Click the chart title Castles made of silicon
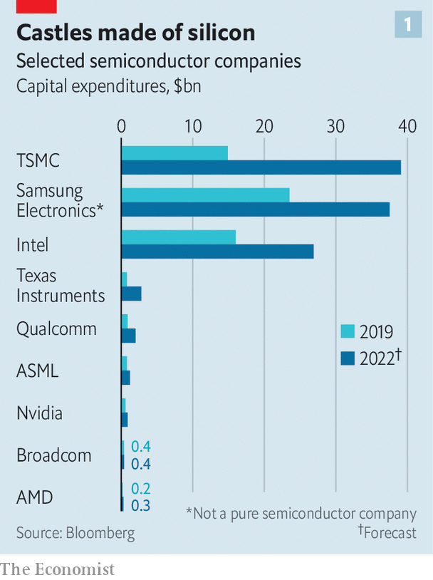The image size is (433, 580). (x=135, y=32)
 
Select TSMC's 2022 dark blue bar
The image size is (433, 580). (x=261, y=167)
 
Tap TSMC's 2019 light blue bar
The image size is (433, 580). (x=174, y=153)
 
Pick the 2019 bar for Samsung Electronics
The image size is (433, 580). (x=205, y=195)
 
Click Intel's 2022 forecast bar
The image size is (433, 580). (x=217, y=252)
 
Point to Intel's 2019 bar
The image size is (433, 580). (x=178, y=237)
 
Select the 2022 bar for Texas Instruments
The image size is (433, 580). (x=131, y=294)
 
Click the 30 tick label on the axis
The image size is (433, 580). (x=335, y=126)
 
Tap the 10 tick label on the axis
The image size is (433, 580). (x=193, y=126)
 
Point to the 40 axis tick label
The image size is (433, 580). (x=407, y=126)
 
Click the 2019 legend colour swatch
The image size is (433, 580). (x=348, y=331)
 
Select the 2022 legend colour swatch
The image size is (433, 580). (x=348, y=358)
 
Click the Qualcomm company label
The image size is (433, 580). (x=56, y=329)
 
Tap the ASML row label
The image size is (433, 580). (x=38, y=371)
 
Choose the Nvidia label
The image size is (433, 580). (x=39, y=413)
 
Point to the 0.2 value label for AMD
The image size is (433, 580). (x=141, y=490)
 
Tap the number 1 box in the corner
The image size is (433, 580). (x=407, y=26)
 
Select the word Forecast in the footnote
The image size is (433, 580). (x=390, y=532)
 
